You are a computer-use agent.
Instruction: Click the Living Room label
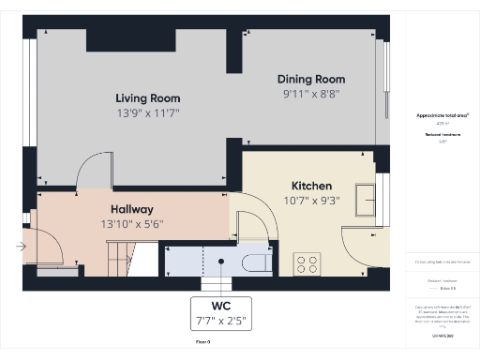point(147,97)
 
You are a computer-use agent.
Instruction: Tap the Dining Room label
point(311,79)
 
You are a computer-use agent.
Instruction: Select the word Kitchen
point(311,186)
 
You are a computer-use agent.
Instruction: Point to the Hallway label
point(131,208)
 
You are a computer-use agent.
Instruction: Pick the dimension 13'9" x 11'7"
point(147,112)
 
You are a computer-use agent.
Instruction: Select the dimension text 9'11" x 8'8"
point(311,94)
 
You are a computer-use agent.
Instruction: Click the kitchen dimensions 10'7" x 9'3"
point(311,200)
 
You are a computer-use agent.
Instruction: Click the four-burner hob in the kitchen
point(307,262)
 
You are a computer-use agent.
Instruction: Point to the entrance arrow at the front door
point(21,247)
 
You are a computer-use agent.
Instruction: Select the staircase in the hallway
point(118,257)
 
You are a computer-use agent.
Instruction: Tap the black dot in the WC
point(221,262)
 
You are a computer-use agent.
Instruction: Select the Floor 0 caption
point(203,344)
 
